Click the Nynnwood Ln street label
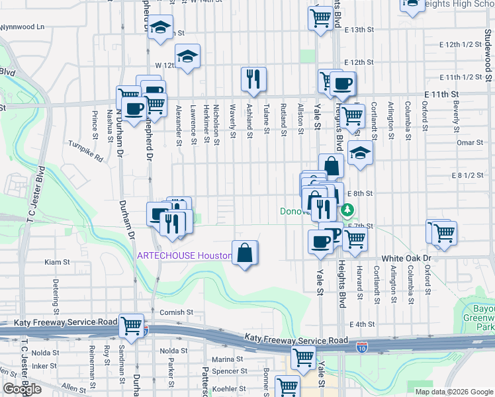tap(22, 27)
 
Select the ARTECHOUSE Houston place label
tap(184, 255)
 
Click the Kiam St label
tap(57, 263)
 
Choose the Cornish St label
tap(175, 312)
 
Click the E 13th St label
tap(359, 30)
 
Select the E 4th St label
tap(361, 324)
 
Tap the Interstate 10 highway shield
tap(362, 346)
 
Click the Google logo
tap(22, 389)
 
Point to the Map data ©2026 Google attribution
tap(454, 392)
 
